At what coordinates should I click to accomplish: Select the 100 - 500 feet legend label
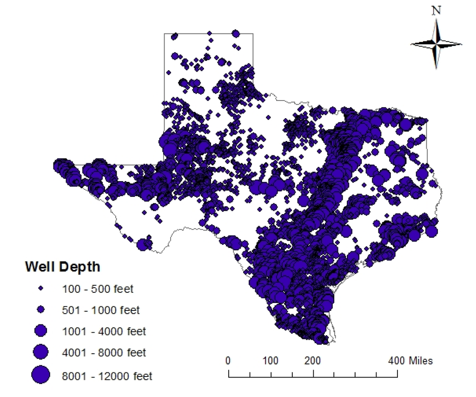coord(98,289)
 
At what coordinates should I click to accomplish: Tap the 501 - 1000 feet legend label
coord(101,310)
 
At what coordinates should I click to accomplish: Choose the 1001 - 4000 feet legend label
coord(104,331)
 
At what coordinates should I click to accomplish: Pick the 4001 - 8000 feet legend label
coord(104,353)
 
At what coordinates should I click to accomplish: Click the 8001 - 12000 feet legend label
coord(107,376)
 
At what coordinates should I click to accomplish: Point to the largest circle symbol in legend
coord(41,375)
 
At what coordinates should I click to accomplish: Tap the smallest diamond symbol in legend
coord(41,289)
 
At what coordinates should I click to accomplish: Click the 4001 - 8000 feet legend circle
coord(41,352)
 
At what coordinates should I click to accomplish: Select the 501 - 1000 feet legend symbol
coord(41,310)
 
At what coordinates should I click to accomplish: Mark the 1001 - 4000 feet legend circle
coord(41,331)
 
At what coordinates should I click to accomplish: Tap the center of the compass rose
coord(436,44)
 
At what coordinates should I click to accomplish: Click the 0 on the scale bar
coord(228,361)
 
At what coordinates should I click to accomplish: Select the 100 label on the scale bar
coord(270,361)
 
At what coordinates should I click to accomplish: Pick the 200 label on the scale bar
coord(313,361)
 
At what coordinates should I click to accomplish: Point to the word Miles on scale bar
coord(421,361)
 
